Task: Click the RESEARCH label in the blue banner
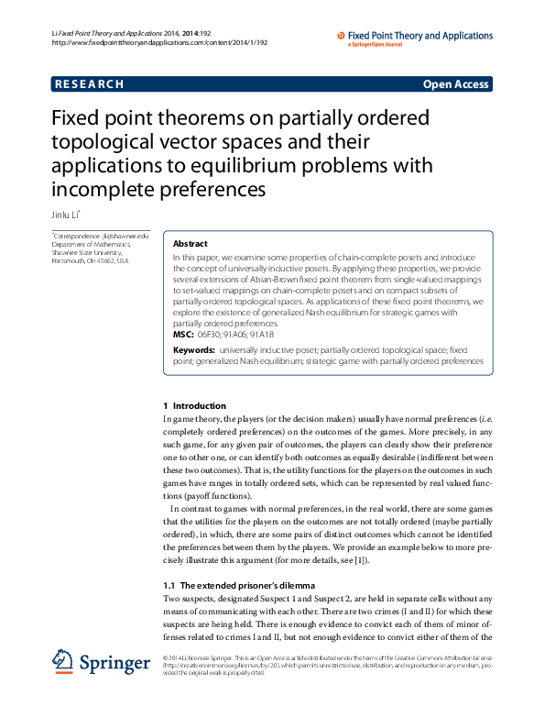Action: (x=89, y=84)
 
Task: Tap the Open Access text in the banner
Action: (x=456, y=84)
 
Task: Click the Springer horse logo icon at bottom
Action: (x=63, y=660)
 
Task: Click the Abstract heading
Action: (x=191, y=245)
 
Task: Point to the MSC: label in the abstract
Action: (x=183, y=335)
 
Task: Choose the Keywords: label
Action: (x=194, y=350)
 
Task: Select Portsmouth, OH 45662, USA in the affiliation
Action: (x=90, y=261)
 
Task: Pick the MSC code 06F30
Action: (x=210, y=335)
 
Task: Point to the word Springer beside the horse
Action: (x=115, y=662)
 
